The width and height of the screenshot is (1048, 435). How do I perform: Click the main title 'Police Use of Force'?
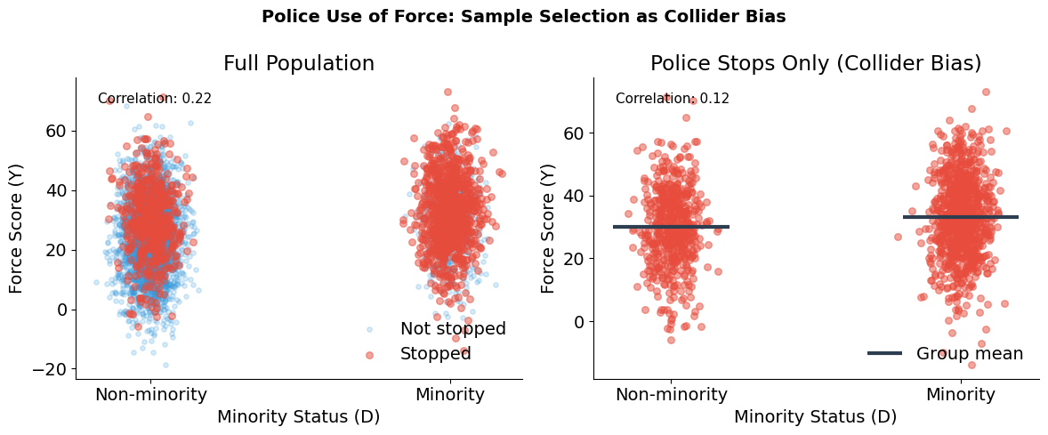coord(523,16)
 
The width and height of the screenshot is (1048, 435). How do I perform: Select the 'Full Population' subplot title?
coord(298,63)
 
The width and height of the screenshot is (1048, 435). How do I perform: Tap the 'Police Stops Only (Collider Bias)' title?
coord(815,63)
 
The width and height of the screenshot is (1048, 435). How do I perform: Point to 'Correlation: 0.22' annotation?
coord(155,99)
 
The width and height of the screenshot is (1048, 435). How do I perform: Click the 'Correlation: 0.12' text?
coord(672,99)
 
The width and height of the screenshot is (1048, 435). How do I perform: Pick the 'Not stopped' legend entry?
coord(452,329)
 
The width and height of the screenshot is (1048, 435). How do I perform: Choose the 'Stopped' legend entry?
coord(435,353)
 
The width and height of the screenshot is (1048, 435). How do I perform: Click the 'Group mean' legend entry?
coord(969,353)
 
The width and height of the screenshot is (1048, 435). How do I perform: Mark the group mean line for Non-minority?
coord(671,227)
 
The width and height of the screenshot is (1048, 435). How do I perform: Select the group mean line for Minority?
coord(960,217)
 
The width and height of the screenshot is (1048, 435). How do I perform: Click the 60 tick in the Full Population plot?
coord(59,131)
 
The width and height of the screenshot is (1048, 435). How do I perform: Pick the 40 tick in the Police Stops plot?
coord(576,196)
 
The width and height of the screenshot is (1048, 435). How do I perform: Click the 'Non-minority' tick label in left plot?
coord(151,395)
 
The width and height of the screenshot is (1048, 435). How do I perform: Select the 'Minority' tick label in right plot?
coord(960,395)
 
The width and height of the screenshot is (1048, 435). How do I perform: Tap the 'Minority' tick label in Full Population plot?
coord(450,395)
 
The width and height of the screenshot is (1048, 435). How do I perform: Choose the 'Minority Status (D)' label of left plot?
coord(298,416)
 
